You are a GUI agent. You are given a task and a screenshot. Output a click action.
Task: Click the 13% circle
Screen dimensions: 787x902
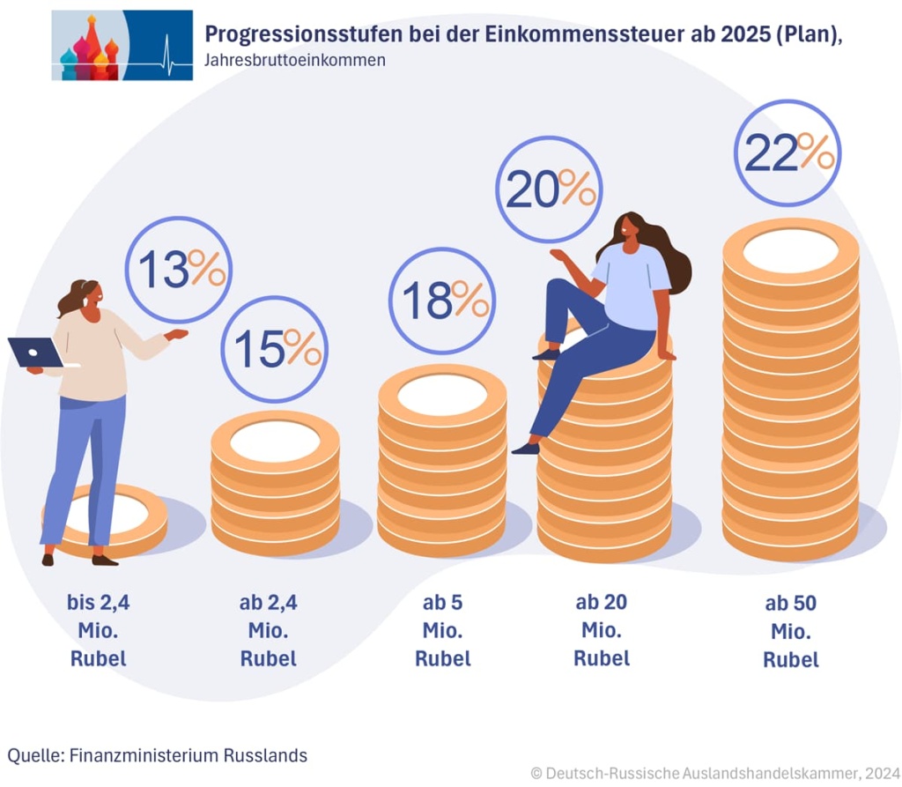179,270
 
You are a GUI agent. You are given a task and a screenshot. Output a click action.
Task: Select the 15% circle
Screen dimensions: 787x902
274,349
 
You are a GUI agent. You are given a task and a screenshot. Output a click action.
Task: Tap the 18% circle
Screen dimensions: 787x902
442,301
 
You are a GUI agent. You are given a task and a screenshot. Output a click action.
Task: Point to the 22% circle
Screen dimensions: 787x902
787,152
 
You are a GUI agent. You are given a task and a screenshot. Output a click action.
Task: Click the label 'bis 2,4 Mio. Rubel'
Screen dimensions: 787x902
97,631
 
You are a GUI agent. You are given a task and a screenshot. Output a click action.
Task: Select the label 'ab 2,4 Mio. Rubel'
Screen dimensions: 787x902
269,631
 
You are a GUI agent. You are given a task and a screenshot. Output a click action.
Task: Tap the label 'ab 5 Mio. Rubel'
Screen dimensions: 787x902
442,631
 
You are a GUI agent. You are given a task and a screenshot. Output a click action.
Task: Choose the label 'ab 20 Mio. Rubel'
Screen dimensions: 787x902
602,630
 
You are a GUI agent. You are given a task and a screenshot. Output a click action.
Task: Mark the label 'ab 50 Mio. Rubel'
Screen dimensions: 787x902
790,632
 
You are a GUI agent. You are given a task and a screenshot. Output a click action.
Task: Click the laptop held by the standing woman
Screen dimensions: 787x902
35,353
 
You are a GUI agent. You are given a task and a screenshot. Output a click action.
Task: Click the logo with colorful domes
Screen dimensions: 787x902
122,46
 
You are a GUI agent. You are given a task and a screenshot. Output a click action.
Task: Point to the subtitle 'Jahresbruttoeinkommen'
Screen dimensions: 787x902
294,62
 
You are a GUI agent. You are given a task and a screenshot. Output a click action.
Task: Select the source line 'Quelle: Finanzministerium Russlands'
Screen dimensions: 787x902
158,755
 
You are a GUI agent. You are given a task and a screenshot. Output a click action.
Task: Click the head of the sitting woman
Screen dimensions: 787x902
627,226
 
